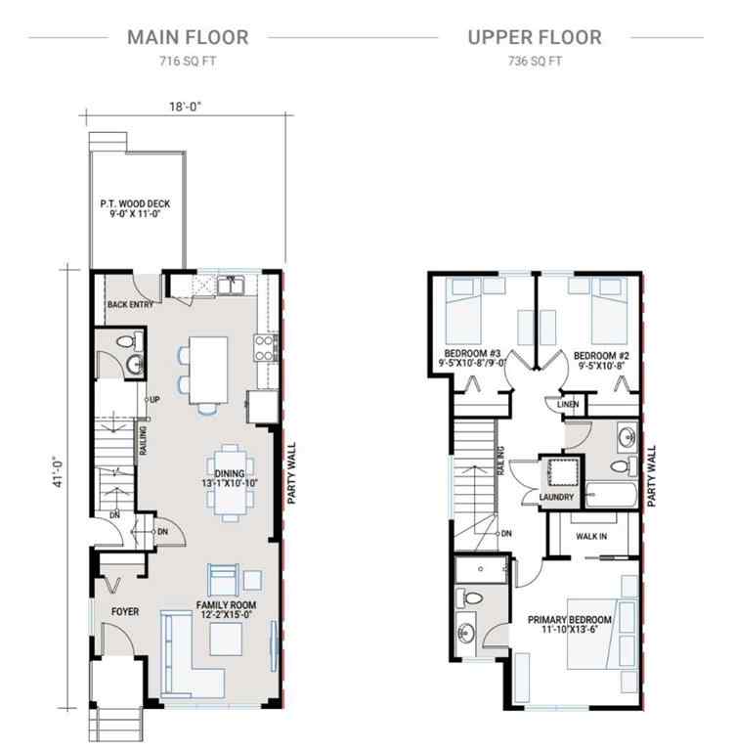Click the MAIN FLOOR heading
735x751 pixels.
click(x=188, y=38)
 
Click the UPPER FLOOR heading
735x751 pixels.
click(x=534, y=38)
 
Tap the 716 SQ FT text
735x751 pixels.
click(x=188, y=61)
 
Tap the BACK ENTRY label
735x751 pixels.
click(x=131, y=304)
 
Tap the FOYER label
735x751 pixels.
click(x=123, y=612)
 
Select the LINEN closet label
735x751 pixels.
click(x=568, y=404)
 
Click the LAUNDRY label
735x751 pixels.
click(x=555, y=498)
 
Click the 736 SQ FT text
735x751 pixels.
click(x=534, y=61)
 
